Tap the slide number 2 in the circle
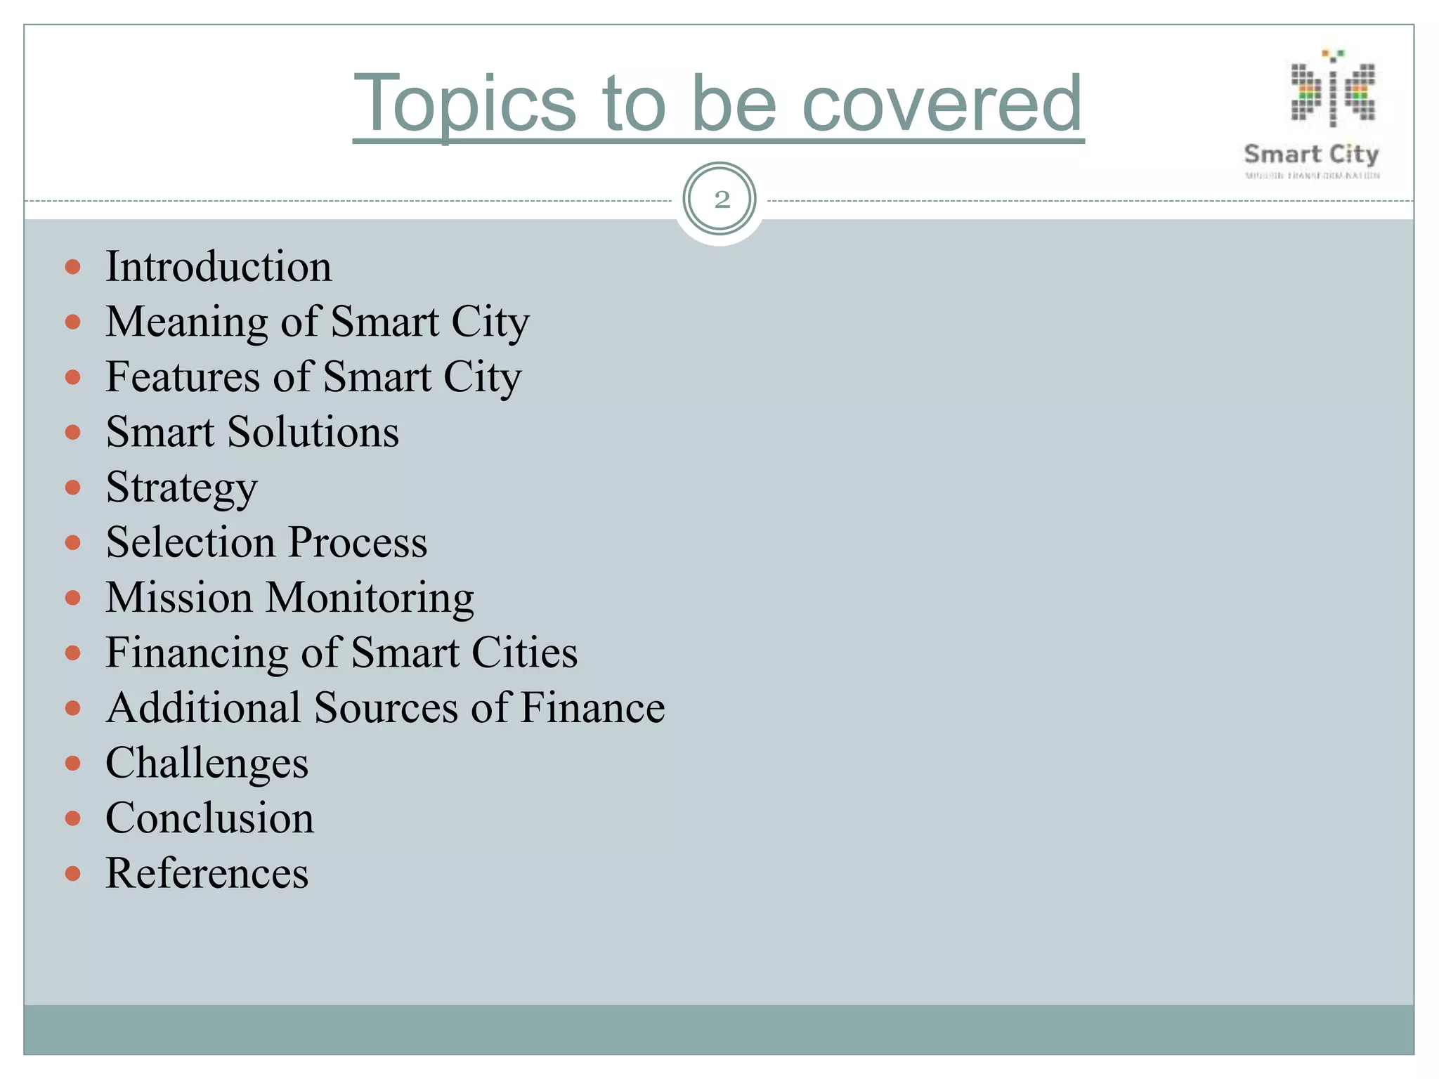(x=721, y=200)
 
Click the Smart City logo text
(x=1311, y=155)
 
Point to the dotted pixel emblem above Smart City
(x=1333, y=90)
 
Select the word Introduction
(x=219, y=267)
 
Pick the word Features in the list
(x=183, y=377)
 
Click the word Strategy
(x=181, y=488)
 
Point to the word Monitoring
(x=370, y=599)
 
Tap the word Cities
(x=524, y=653)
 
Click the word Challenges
(x=207, y=764)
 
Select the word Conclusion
(x=209, y=818)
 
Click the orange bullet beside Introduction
(x=73, y=268)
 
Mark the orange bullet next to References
(x=73, y=874)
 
